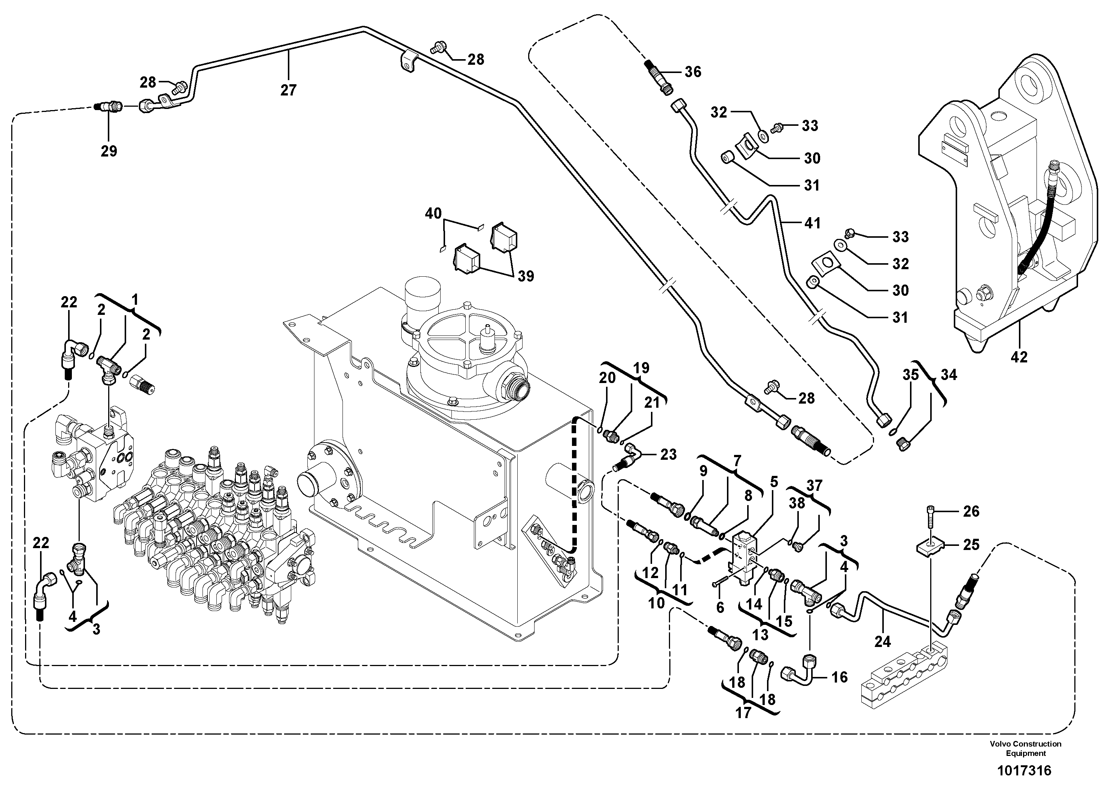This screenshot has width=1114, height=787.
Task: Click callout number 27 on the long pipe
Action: click(288, 90)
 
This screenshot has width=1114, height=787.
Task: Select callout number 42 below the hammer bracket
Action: click(1019, 357)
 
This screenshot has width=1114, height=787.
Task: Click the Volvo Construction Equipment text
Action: click(1026, 748)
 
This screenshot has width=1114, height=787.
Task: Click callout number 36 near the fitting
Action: click(693, 72)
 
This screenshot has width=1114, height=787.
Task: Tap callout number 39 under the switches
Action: click(526, 276)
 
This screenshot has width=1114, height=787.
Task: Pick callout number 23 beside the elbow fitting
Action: click(668, 454)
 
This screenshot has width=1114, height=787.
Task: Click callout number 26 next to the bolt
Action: click(971, 511)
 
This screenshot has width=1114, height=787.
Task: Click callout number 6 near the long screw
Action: click(719, 607)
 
